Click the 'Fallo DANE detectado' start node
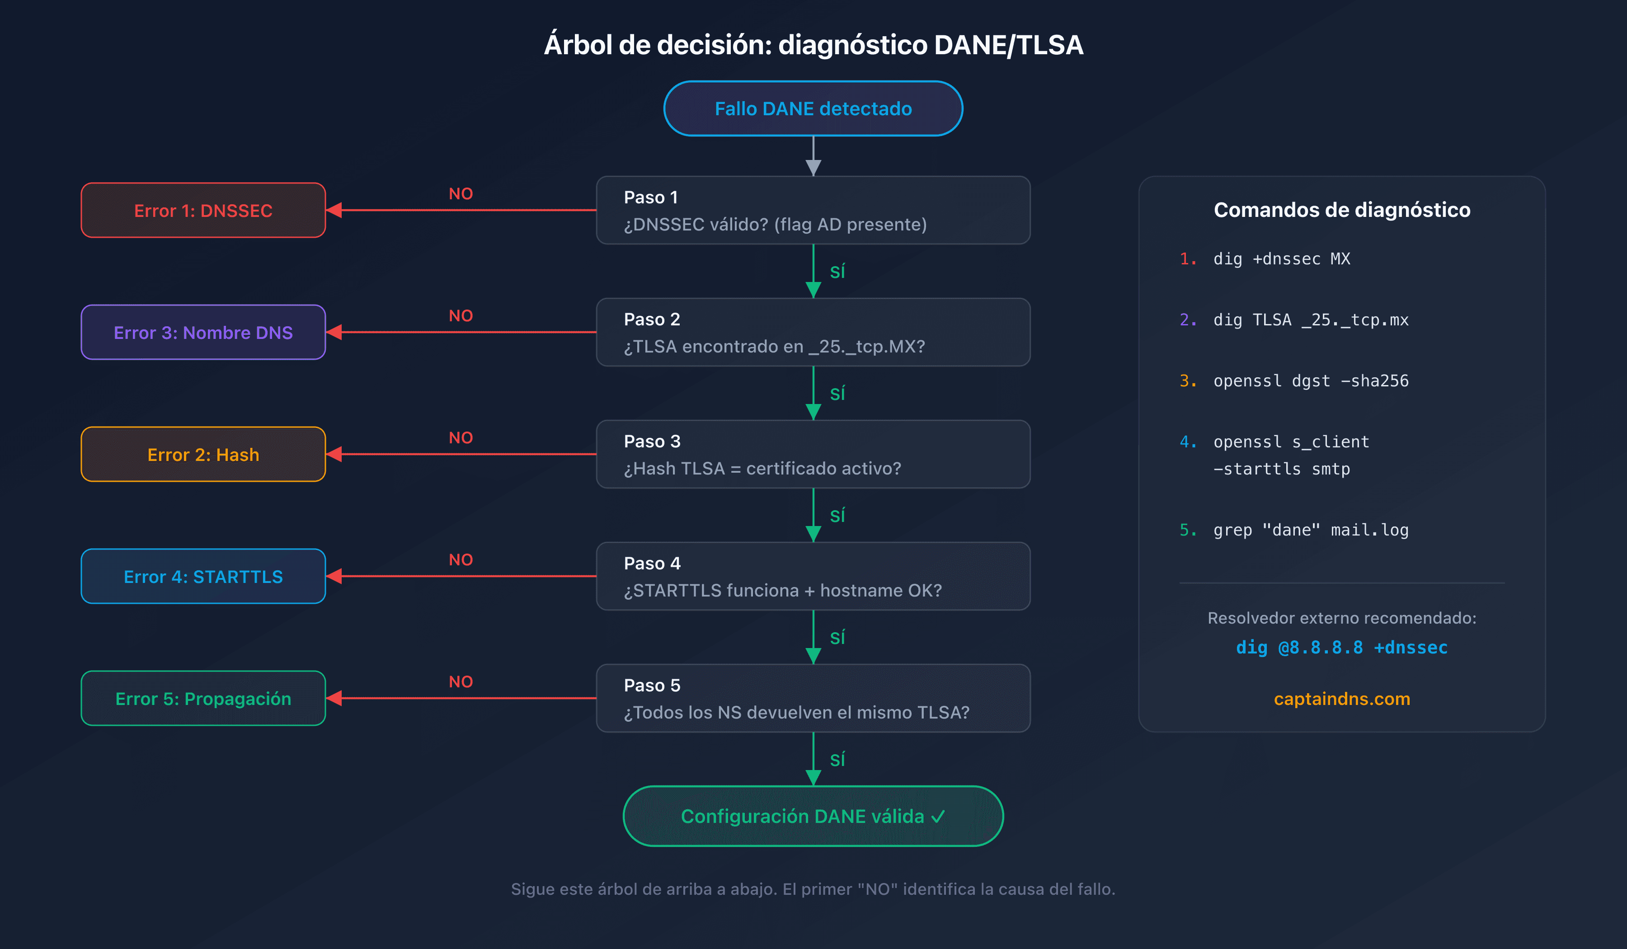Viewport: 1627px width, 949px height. (813, 108)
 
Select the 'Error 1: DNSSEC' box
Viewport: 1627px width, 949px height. (203, 211)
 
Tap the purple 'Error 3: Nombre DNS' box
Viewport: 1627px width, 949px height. (203, 333)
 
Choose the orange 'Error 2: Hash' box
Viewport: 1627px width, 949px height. (203, 455)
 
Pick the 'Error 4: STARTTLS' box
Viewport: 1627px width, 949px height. (203, 577)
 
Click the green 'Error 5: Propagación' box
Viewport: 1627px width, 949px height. (203, 699)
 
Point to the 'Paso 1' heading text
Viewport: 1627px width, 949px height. (650, 197)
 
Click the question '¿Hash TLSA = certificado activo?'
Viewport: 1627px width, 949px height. (762, 469)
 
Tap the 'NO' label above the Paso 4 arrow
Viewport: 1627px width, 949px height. (461, 560)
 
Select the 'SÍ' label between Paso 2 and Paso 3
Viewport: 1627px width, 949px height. (837, 394)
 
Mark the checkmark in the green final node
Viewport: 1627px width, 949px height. (938, 817)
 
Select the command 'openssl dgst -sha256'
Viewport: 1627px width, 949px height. (1310, 381)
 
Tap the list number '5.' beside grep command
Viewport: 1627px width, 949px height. (1187, 530)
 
